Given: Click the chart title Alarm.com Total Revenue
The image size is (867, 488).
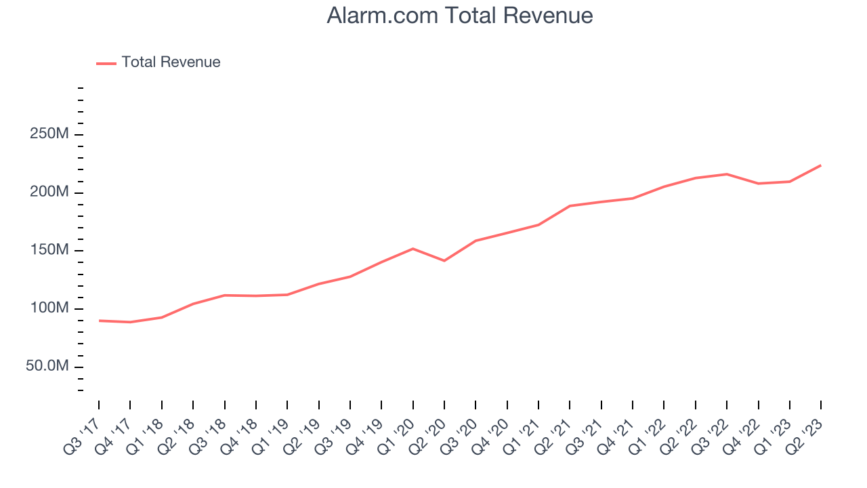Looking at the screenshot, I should [x=460, y=16].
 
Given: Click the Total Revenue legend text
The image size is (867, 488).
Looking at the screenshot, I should [x=171, y=62].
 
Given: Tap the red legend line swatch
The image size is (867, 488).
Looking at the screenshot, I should [x=106, y=63].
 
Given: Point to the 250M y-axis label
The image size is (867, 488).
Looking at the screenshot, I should [x=49, y=134].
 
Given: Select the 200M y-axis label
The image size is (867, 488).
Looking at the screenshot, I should [x=49, y=192].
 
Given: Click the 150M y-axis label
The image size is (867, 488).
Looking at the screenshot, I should [x=49, y=251].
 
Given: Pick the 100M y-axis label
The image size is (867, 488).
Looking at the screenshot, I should [x=49, y=309].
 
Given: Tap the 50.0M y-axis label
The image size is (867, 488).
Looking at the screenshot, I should [x=47, y=367].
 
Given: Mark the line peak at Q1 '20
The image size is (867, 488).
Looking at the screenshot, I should [x=413, y=249].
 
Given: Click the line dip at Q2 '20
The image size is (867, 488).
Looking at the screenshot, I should [x=444, y=261].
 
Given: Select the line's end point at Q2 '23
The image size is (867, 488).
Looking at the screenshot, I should [x=821, y=165].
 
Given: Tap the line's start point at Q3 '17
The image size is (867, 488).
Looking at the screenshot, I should [x=99, y=321].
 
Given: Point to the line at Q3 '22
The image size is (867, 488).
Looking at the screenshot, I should [x=727, y=174].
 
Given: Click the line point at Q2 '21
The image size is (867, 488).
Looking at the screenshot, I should [x=570, y=205].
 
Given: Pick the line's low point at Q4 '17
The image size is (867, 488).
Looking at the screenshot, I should [x=130, y=322].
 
